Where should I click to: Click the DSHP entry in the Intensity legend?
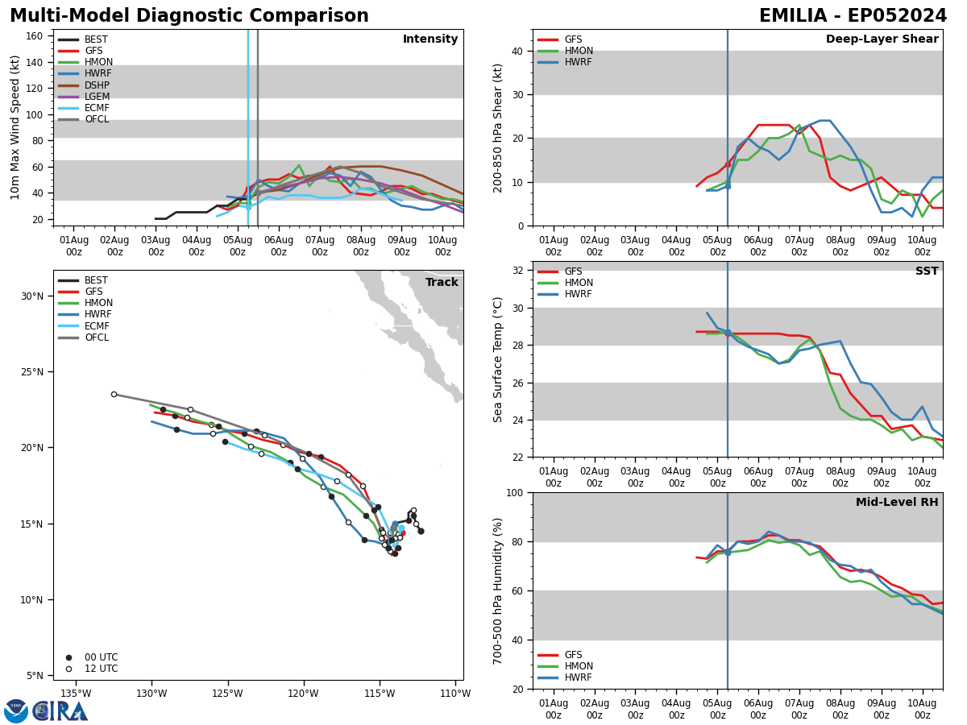[x=97, y=85]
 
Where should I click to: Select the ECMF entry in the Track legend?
[x=97, y=326]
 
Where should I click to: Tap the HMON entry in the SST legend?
[x=578, y=284]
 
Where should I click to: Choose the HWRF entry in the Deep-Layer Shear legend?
[x=578, y=63]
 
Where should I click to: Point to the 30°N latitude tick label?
[x=32, y=296]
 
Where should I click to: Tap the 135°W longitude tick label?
[x=75, y=694]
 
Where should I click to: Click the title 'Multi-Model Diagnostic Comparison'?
[x=189, y=16]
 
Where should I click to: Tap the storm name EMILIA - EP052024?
[x=853, y=16]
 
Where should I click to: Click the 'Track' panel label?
[x=442, y=283]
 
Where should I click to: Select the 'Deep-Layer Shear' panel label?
[x=882, y=39]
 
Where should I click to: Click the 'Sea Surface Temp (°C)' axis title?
[x=499, y=359]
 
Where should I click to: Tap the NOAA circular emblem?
[x=16, y=710]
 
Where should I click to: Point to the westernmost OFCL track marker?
[x=114, y=394]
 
